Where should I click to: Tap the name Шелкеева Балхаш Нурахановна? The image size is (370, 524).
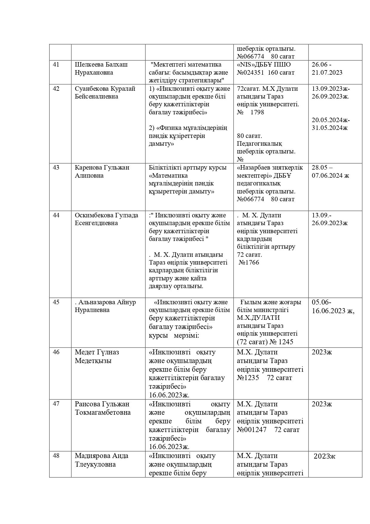[x=101, y=69]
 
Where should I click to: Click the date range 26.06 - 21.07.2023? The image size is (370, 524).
[x=327, y=69]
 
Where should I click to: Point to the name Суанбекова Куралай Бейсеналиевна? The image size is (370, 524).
[x=105, y=93]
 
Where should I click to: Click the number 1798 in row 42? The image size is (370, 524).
[x=257, y=112]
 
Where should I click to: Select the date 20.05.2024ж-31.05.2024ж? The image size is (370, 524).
[x=331, y=124]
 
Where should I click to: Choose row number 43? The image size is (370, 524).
[x=56, y=168]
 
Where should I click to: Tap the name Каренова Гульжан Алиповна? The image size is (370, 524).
[x=102, y=171]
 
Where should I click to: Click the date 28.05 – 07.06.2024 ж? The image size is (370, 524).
[x=330, y=171]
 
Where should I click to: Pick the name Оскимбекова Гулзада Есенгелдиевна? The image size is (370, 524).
[x=107, y=219]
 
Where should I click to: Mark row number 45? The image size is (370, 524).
[x=56, y=302]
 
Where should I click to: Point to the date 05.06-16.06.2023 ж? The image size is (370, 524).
[x=333, y=306]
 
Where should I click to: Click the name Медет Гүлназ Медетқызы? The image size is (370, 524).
[x=97, y=356]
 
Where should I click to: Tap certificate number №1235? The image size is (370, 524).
[x=248, y=378]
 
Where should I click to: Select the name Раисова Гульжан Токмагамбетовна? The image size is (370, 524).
[x=103, y=408]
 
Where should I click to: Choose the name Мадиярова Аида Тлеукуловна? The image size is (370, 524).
[x=101, y=460]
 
